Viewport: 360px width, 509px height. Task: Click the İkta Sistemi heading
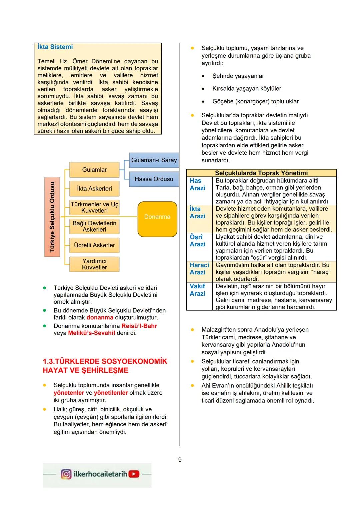pos(55,47)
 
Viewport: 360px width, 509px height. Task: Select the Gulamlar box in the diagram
pos(94,170)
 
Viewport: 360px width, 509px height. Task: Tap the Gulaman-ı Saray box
pos(154,160)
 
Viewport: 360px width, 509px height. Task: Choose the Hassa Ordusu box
pos(154,179)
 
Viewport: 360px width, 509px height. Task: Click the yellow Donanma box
pos(157,219)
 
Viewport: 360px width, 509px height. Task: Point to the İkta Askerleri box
pos(94,189)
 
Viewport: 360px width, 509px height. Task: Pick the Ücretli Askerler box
pos(94,245)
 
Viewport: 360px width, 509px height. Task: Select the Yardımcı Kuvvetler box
pos(94,264)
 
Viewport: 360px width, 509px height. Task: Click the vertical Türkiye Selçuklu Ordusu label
pos(52,217)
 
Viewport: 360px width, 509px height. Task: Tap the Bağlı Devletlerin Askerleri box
pos(94,226)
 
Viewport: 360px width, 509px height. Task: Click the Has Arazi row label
pos(197,184)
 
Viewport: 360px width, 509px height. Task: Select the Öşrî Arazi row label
pos(197,240)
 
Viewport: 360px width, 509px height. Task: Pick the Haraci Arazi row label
pos(199,269)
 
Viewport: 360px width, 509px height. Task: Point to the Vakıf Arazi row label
pos(197,290)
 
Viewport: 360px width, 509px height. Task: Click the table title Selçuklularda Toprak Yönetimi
pos(261,173)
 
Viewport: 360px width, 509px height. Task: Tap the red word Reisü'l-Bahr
pos(139,326)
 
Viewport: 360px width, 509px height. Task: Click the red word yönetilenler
pos(111,393)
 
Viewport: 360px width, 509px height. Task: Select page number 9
pos(180,460)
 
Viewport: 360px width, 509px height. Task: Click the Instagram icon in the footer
pos(66,474)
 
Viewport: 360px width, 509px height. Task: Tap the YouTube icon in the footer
pos(134,474)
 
